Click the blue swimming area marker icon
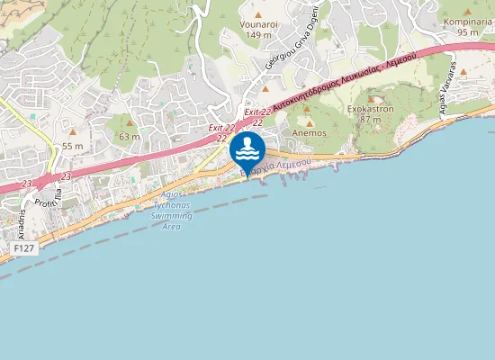click(247, 149)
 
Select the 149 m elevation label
click(258, 35)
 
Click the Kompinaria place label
click(466, 22)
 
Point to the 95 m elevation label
click(466, 32)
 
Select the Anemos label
click(310, 132)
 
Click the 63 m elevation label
click(130, 137)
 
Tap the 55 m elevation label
click(73, 146)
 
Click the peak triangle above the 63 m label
click(130, 123)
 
